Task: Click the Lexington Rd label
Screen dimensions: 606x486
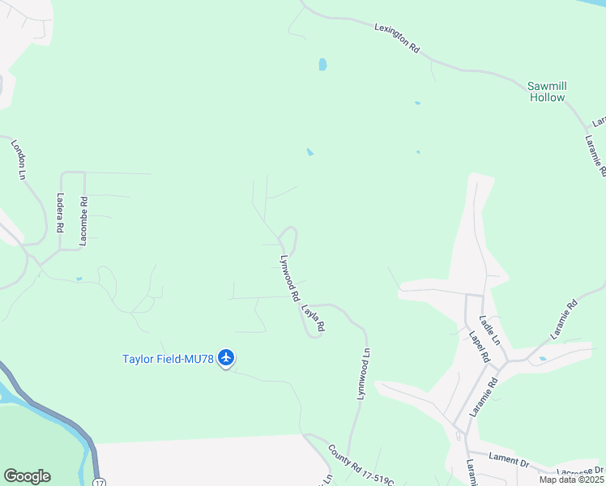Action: point(397,38)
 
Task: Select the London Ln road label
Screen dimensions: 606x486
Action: point(18,159)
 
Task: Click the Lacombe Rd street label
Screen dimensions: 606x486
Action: point(83,220)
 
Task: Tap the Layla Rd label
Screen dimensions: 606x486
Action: point(313,318)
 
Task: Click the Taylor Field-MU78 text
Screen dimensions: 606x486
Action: point(168,359)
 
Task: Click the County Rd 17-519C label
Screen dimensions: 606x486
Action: point(361,467)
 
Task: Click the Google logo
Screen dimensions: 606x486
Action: point(27,476)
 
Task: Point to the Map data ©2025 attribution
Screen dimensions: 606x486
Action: point(570,480)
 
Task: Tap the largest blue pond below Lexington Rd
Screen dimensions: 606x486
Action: point(322,64)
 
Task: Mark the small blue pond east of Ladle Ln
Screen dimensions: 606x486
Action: point(542,358)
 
